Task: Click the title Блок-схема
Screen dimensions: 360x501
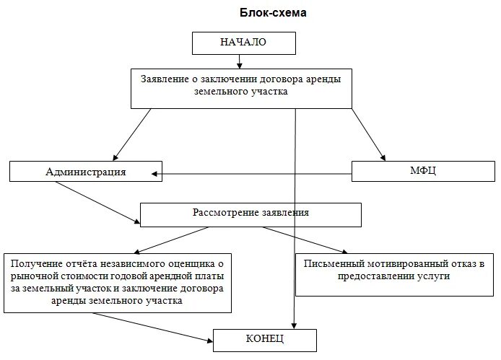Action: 270,13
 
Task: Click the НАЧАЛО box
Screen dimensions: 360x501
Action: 243,43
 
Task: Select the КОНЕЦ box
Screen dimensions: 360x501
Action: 264,339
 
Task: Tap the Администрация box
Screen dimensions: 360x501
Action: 85,172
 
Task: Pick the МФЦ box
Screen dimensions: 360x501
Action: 422,170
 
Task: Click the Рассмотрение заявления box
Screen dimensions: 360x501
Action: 250,214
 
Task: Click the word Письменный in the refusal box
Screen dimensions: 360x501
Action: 334,263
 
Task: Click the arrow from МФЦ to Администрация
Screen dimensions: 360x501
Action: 253,173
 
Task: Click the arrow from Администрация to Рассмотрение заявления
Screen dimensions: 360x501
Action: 97,202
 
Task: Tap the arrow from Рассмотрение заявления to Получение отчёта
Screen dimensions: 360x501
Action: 173,239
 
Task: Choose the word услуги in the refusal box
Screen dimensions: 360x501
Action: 431,276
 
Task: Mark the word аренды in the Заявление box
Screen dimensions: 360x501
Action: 323,78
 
